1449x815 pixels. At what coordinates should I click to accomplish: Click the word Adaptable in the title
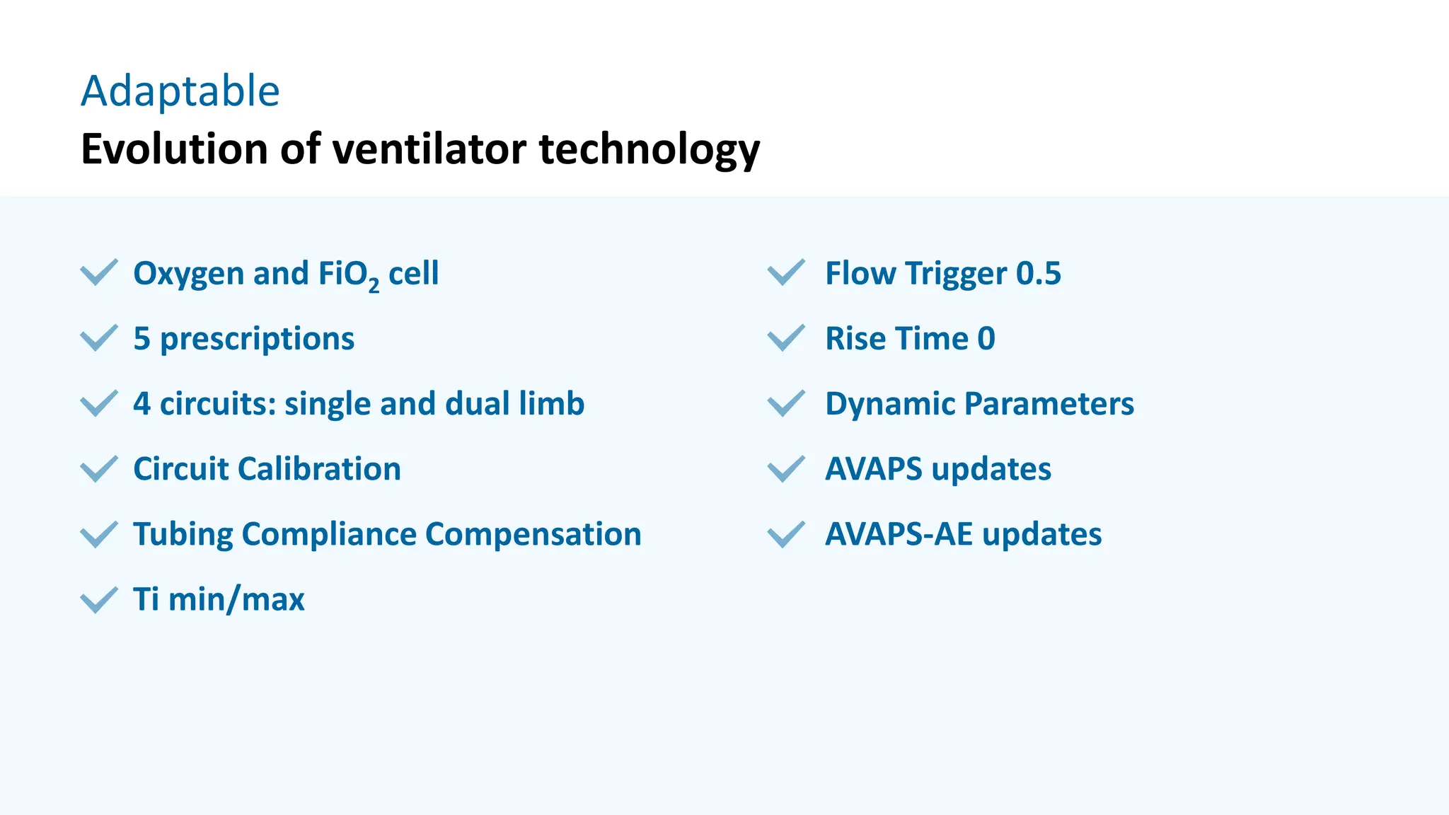[180, 91]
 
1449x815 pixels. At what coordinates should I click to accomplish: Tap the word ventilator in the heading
[429, 149]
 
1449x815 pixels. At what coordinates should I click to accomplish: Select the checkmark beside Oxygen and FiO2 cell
[98, 272]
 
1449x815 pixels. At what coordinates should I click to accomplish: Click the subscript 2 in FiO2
[374, 284]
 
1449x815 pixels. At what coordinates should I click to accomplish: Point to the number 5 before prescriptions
[142, 339]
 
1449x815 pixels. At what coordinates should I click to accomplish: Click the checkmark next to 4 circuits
[98, 403]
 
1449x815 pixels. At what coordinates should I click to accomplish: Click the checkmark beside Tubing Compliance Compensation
[98, 534]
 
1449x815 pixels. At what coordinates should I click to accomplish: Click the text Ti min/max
[219, 599]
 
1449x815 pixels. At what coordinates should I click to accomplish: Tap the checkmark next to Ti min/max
[98, 600]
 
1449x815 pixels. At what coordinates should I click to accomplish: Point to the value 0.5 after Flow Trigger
[1038, 274]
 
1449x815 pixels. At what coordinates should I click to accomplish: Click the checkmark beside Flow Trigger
[786, 272]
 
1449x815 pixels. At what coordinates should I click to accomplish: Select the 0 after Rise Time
[986, 339]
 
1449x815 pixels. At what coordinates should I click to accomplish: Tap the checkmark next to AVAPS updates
[786, 468]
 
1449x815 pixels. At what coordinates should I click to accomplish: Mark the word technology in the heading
[649, 149]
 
